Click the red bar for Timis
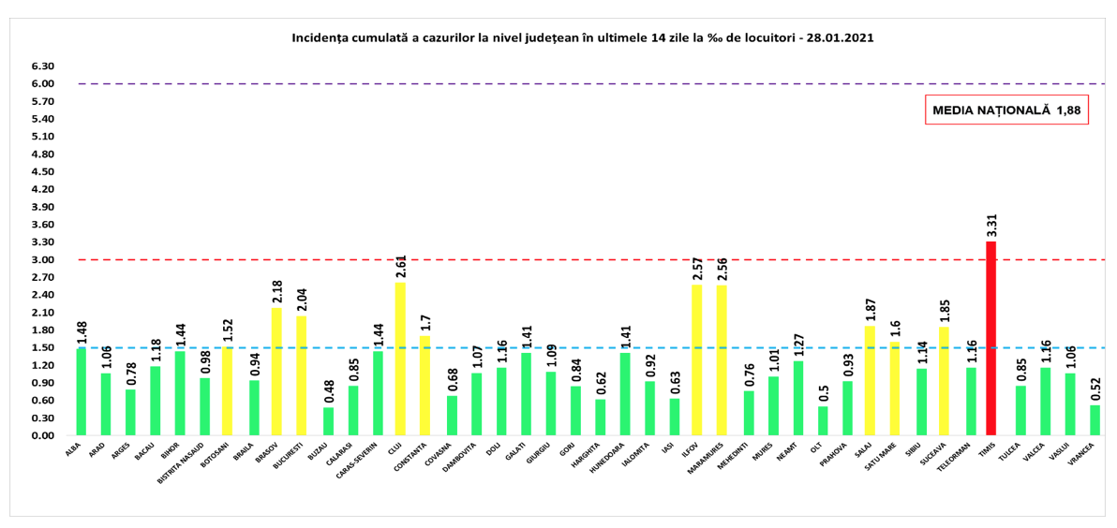990,338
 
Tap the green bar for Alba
82,391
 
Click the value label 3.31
990,226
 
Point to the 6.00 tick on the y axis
41,84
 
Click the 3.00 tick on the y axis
41,260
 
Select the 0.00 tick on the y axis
41,435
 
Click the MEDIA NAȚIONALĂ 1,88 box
1006,110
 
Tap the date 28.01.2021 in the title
841,38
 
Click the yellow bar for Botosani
227,390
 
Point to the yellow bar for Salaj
870,380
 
